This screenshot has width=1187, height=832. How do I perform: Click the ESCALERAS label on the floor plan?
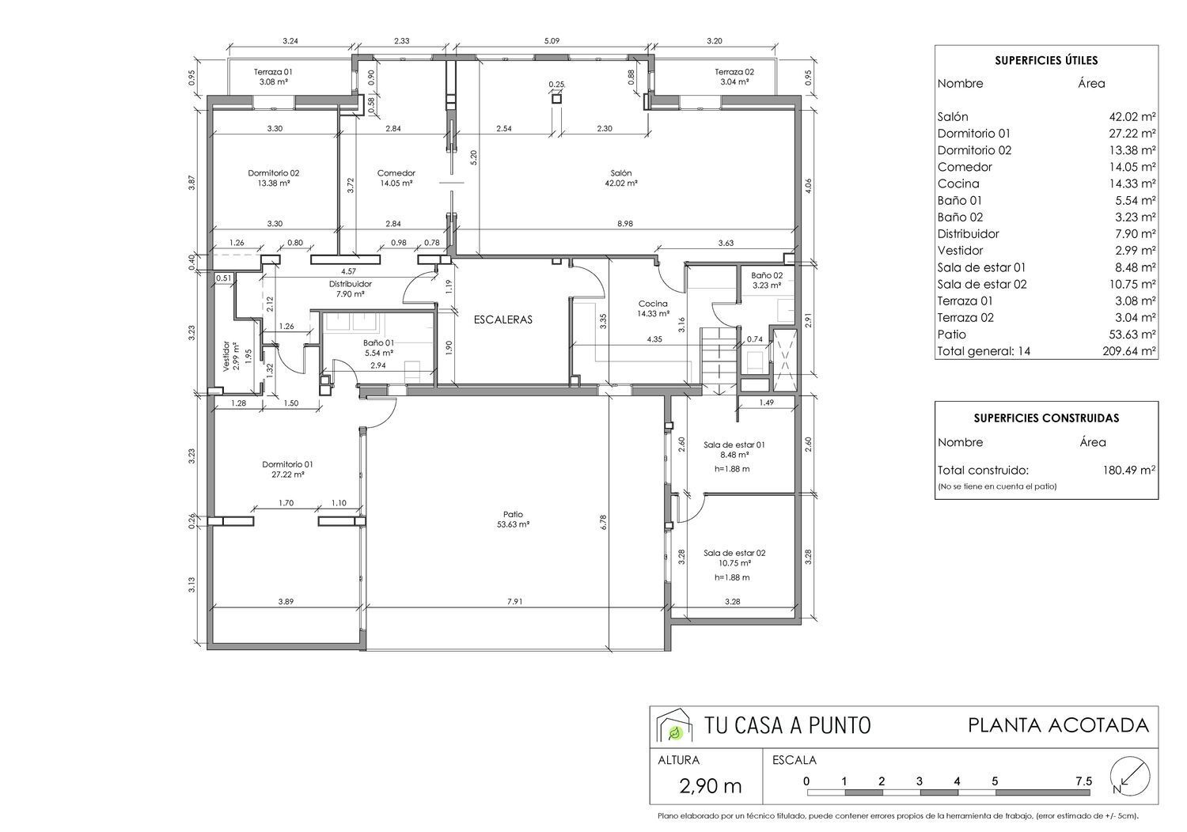click(502, 320)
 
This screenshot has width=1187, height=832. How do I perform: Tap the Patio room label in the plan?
click(513, 514)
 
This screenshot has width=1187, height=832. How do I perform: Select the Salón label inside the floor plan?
click(621, 173)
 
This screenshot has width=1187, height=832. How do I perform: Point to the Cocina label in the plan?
click(653, 304)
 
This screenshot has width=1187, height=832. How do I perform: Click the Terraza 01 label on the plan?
click(273, 72)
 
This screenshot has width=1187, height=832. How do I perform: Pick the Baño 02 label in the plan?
click(767, 275)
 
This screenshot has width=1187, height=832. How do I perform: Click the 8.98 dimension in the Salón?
click(625, 224)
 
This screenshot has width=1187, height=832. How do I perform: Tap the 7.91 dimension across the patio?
click(514, 602)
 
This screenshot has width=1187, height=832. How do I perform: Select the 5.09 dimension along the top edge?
click(552, 41)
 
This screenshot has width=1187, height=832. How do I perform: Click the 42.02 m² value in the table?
click(1132, 117)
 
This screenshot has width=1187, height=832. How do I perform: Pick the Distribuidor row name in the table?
click(968, 234)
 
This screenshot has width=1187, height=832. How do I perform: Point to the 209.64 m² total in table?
click(1129, 351)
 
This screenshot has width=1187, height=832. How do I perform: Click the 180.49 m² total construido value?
click(1129, 471)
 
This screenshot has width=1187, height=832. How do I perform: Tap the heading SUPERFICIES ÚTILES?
click(1046, 60)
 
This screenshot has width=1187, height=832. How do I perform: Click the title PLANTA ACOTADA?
click(1059, 725)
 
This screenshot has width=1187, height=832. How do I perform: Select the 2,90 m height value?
click(710, 787)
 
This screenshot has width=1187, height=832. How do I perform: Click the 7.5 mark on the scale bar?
click(1084, 781)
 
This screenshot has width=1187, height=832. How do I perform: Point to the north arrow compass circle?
click(1130, 775)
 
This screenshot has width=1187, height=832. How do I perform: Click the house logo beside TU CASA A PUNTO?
click(673, 725)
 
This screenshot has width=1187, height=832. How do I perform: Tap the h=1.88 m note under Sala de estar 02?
click(732, 578)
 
